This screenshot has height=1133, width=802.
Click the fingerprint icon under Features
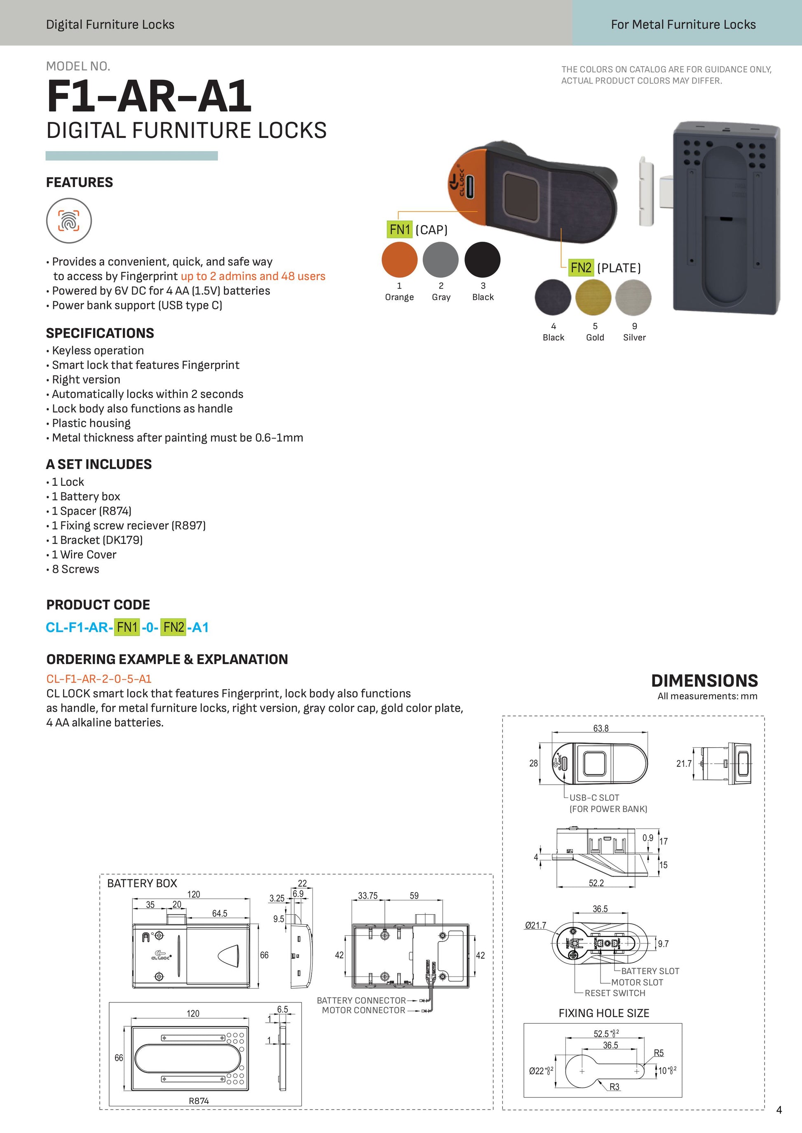pos(69,221)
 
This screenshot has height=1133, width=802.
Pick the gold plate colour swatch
pos(593,298)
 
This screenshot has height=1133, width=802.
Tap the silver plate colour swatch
pos(633,298)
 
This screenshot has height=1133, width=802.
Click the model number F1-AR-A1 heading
pos(149,97)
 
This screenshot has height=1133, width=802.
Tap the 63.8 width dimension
pos(600,728)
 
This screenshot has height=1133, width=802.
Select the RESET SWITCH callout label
pos(615,993)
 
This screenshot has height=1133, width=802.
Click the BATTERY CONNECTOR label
pos(361,1000)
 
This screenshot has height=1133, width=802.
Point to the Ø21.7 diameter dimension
pos(535,925)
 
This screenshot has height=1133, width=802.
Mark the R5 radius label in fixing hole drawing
pos(658,1053)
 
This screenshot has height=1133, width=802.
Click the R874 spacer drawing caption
pos(199,1101)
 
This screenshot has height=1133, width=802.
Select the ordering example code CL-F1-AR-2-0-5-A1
pos(99,678)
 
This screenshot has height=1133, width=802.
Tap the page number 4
pos(779,1110)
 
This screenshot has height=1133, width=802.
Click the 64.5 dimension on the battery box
pos(220,914)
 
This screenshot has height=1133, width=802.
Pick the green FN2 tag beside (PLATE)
pos(581,268)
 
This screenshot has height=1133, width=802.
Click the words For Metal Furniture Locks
pos(683,25)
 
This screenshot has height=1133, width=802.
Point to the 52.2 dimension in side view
pos(596,883)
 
